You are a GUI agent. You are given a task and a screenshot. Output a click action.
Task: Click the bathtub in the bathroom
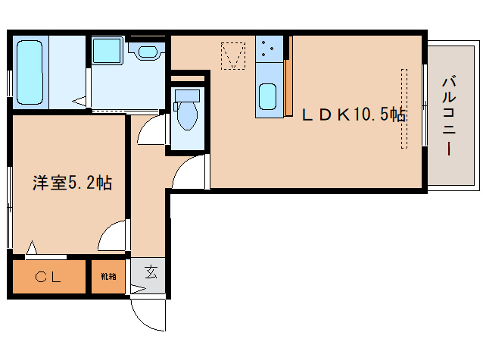(x=30, y=73)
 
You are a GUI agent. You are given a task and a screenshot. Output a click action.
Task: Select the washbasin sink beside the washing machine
(x=148, y=52)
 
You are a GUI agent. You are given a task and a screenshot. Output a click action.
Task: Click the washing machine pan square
(x=107, y=51)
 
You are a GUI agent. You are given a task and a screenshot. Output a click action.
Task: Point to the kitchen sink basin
(x=267, y=96)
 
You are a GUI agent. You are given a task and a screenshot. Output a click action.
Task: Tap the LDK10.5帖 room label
(x=354, y=115)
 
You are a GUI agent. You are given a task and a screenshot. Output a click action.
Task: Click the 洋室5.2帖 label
(x=73, y=183)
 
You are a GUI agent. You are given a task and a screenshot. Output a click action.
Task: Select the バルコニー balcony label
(x=449, y=115)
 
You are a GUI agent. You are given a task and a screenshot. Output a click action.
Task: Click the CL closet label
(x=48, y=277)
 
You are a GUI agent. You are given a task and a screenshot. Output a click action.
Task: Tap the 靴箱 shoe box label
(x=108, y=276)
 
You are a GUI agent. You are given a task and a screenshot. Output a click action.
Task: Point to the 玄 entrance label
(x=151, y=272)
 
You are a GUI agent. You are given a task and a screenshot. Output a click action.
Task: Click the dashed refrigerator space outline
(x=233, y=56)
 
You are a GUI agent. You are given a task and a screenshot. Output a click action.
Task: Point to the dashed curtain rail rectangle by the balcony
(x=404, y=108)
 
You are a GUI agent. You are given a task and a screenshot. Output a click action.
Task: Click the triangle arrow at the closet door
(x=32, y=248)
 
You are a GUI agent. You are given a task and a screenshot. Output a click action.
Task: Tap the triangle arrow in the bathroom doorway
(x=79, y=101)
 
